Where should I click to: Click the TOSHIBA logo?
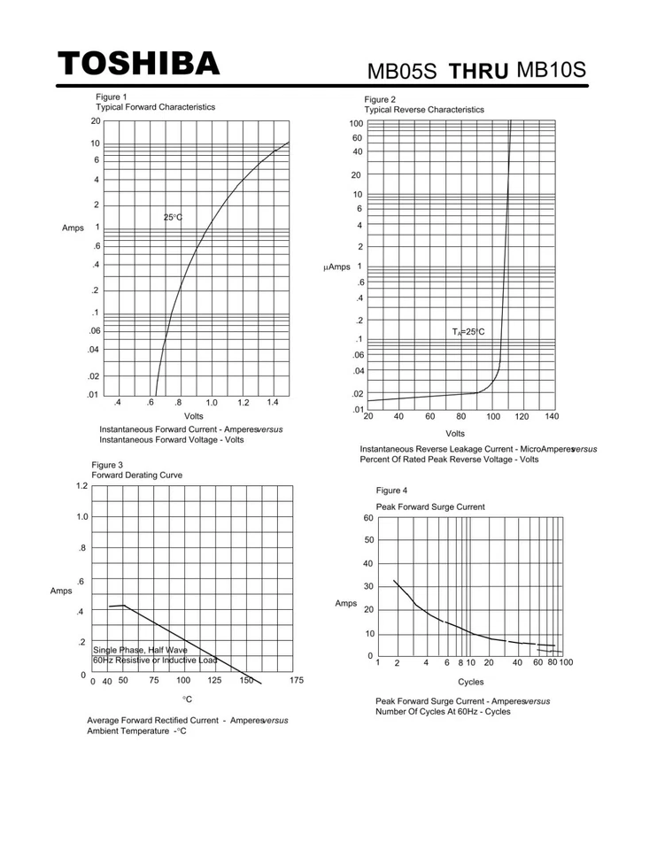pyautogui.click(x=139, y=64)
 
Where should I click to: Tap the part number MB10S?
pyautogui.click(x=550, y=69)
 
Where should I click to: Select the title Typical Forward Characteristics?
pyautogui.click(x=157, y=107)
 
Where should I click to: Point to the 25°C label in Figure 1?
pyautogui.click(x=173, y=217)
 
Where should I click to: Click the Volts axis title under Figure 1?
pyautogui.click(x=194, y=415)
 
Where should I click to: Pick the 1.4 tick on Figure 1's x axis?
pyautogui.click(x=272, y=403)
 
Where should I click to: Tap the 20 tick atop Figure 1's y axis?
pyautogui.click(x=95, y=122)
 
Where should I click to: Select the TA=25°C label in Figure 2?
pyautogui.click(x=468, y=332)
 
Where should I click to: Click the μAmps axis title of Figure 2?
pyautogui.click(x=337, y=267)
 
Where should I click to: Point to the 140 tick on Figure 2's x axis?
pyautogui.click(x=552, y=416)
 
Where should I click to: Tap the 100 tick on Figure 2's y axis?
pyautogui.click(x=356, y=124)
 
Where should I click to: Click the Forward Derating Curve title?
pyautogui.click(x=137, y=475)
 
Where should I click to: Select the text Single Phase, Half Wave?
pyautogui.click(x=140, y=650)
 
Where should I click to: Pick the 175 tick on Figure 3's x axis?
pyautogui.click(x=296, y=680)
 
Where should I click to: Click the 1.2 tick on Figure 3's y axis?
pyautogui.click(x=81, y=486)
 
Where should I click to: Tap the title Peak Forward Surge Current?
pyautogui.click(x=430, y=506)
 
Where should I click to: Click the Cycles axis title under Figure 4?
pyautogui.click(x=471, y=683)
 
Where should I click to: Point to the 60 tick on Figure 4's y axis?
pyautogui.click(x=368, y=517)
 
